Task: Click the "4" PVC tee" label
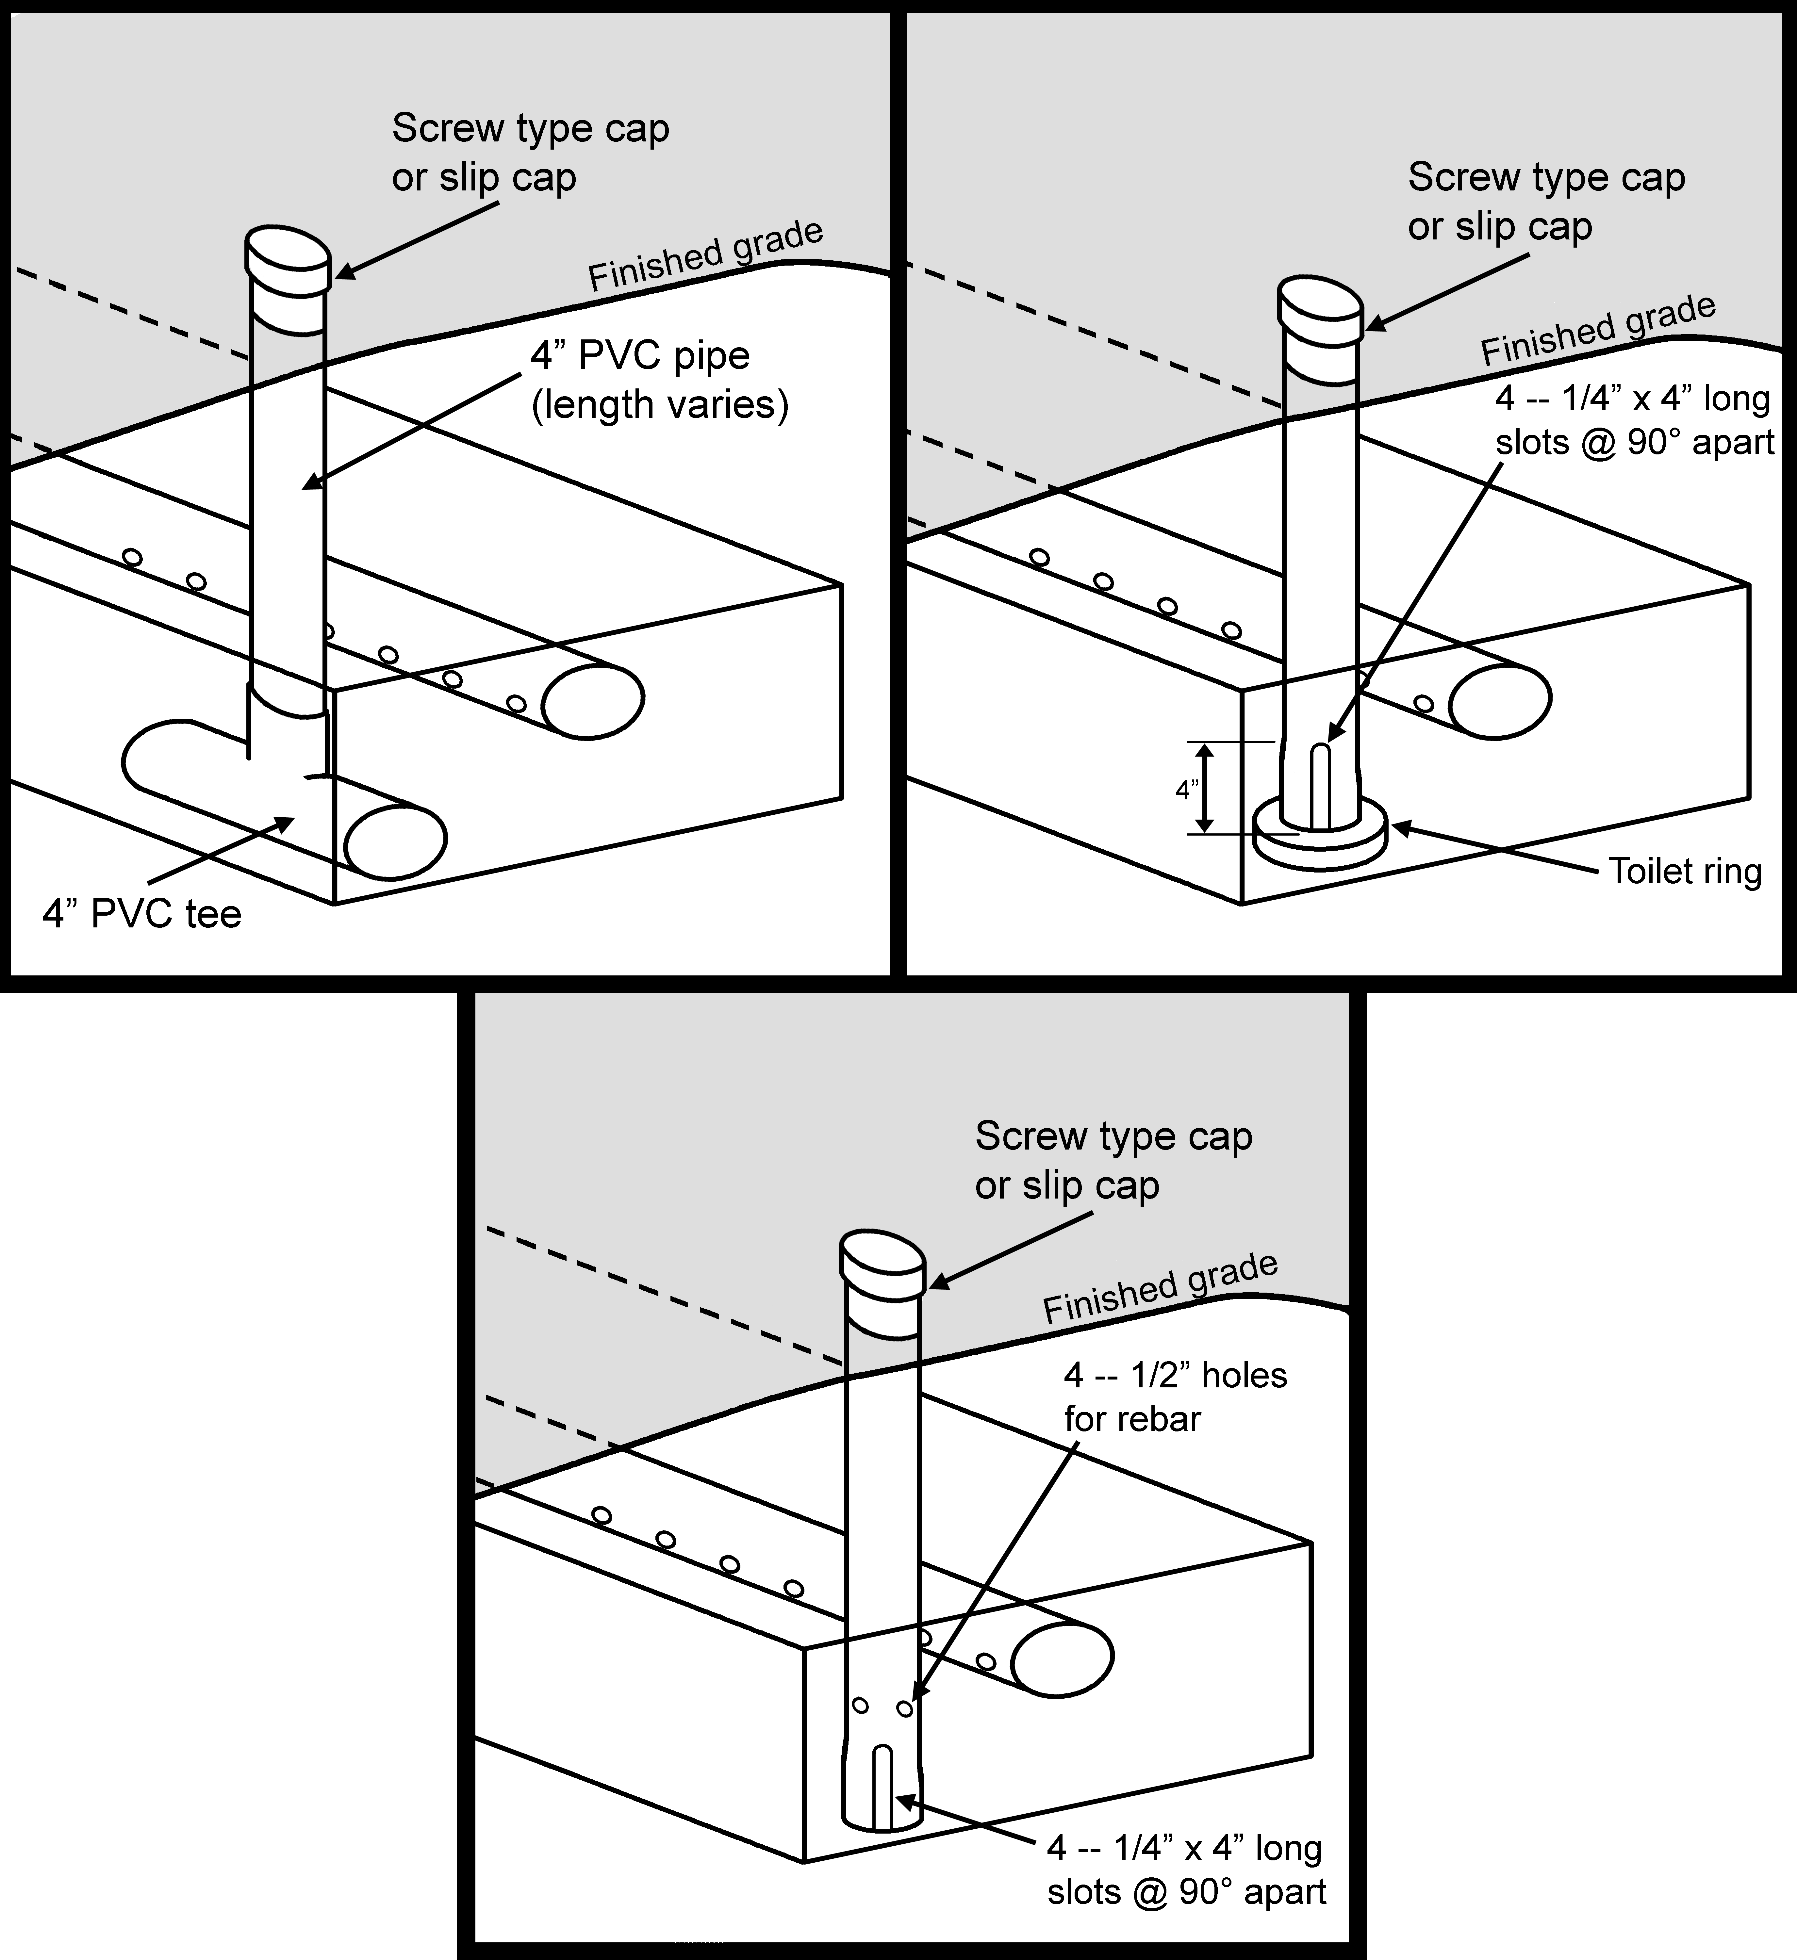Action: click(x=142, y=914)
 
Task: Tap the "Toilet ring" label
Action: click(x=1684, y=871)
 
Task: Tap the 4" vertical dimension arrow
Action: click(x=1205, y=789)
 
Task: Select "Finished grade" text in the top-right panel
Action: click(x=1598, y=331)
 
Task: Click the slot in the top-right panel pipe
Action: click(x=1320, y=786)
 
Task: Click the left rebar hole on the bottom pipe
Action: click(x=860, y=1704)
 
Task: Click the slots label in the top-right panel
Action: click(x=1634, y=420)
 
